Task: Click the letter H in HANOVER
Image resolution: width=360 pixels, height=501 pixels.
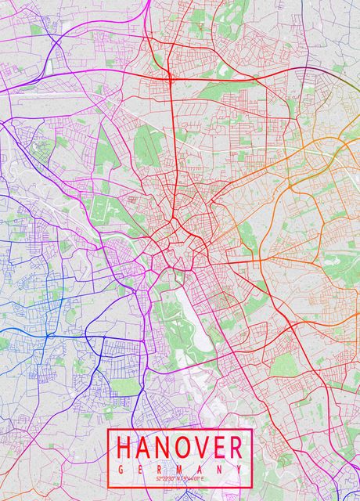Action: click(x=125, y=448)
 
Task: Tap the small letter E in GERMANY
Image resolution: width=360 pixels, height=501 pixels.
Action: click(x=141, y=467)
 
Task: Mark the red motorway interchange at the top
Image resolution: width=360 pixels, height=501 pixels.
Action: click(x=170, y=77)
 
